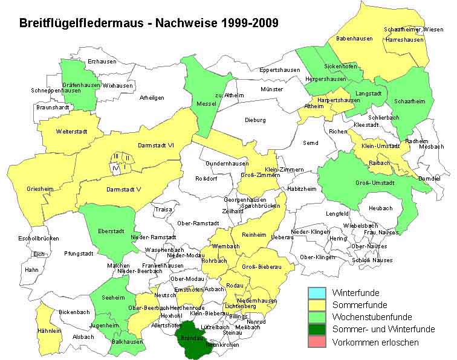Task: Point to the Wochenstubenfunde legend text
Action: tap(372, 317)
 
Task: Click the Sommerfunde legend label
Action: tap(360, 304)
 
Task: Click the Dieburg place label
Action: tap(255, 120)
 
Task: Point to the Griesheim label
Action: tap(40, 189)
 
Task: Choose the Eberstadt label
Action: tap(110, 232)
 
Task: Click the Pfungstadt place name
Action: tap(78, 254)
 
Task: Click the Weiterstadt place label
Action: tap(72, 130)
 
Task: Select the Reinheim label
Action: tap(254, 234)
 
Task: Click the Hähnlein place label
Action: tap(50, 331)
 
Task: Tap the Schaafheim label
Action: tap(409, 101)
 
